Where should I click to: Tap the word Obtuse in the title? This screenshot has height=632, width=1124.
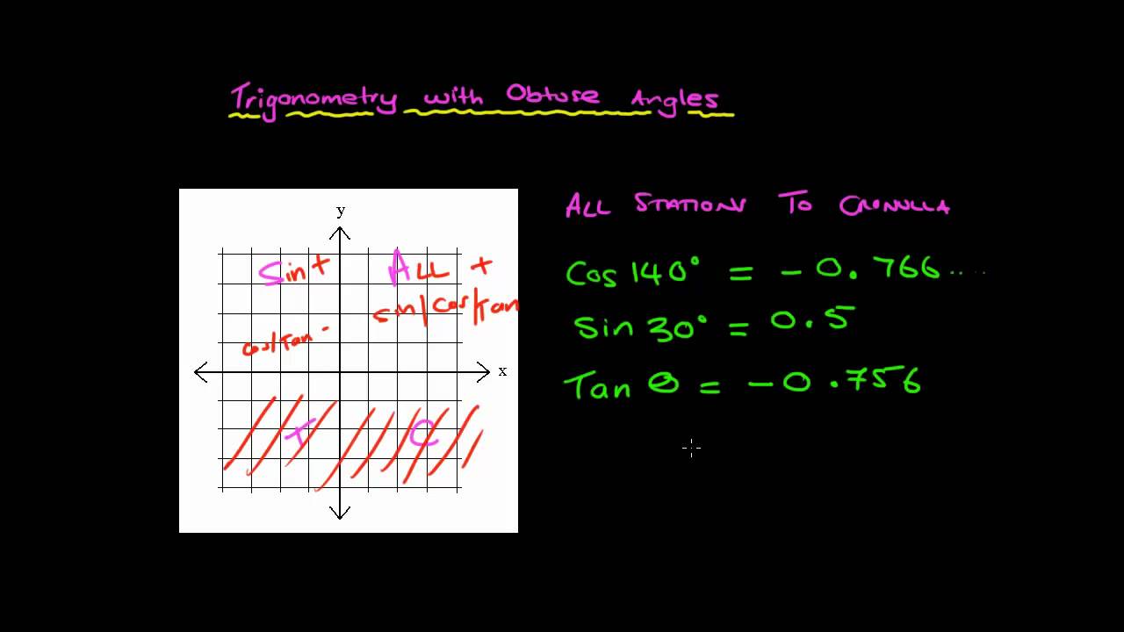pyautogui.click(x=552, y=95)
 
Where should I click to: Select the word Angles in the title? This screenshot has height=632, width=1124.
pyautogui.click(x=674, y=98)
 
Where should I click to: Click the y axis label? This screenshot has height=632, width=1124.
pyautogui.click(x=341, y=211)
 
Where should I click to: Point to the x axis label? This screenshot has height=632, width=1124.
pyautogui.click(x=502, y=371)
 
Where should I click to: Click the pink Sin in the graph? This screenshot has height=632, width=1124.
pyautogui.click(x=283, y=271)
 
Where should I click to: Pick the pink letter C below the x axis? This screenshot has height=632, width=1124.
pyautogui.click(x=423, y=433)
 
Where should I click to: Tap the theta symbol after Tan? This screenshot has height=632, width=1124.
pyautogui.click(x=663, y=384)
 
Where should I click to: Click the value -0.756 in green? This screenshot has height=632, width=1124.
pyautogui.click(x=834, y=383)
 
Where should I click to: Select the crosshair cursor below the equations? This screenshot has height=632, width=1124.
pyautogui.click(x=691, y=449)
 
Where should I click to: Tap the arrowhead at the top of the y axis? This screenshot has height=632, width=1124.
pyautogui.click(x=340, y=233)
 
